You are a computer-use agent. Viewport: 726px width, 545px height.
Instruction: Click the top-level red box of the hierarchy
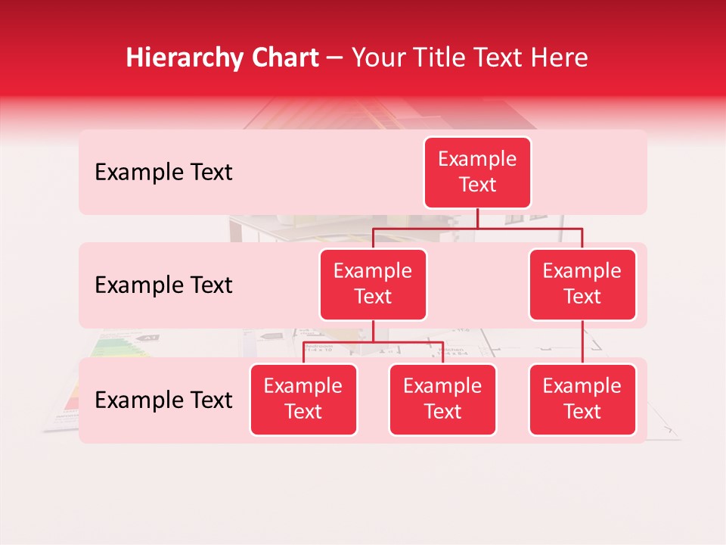pos(477,173)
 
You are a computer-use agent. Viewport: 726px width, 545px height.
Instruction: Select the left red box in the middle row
pos(373,285)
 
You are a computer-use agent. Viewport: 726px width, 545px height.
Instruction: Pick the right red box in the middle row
pos(582,285)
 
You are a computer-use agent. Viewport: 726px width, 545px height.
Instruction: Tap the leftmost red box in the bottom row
pos(303,400)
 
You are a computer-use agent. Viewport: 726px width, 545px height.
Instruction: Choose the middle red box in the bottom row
pos(442,400)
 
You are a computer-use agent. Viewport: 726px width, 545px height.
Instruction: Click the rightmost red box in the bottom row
pos(582,400)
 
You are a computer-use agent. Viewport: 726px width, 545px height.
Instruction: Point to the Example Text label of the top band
pos(163,173)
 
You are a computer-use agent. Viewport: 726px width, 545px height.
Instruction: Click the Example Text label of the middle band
pos(163,285)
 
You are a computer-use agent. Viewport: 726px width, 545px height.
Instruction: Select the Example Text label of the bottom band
pos(163,400)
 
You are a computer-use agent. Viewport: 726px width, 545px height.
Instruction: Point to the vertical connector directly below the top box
pos(477,218)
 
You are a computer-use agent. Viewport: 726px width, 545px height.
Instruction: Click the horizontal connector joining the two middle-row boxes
pos(477,228)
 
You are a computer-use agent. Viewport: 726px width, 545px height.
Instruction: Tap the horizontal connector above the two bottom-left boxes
pos(373,342)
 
